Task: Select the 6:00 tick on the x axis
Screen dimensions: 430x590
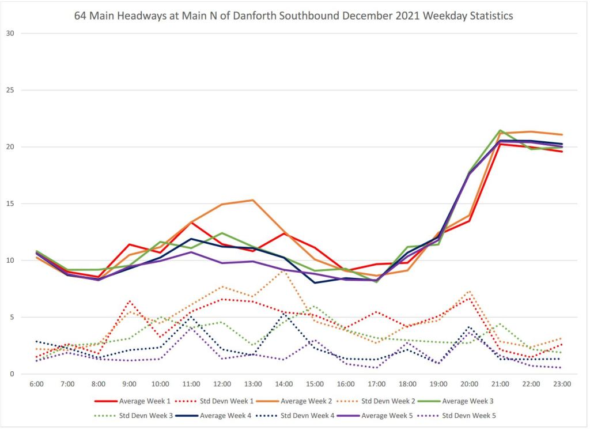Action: click(x=36, y=384)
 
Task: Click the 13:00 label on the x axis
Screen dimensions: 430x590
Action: click(x=253, y=384)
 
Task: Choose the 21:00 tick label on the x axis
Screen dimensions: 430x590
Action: click(x=500, y=384)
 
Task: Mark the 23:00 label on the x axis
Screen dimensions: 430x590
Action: click(x=562, y=384)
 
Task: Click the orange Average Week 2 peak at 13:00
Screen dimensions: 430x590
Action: click(x=253, y=200)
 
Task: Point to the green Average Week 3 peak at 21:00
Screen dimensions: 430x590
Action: click(x=500, y=130)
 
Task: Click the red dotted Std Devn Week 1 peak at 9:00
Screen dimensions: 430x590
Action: click(x=130, y=301)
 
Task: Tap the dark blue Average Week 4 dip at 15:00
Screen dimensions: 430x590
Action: click(x=315, y=282)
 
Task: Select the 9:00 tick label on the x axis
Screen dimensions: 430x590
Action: click(x=130, y=384)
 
